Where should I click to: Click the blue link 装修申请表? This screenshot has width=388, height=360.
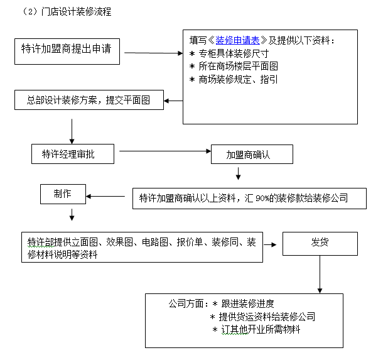pyautogui.click(x=242, y=41)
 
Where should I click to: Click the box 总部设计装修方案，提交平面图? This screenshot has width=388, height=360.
pyautogui.click(x=89, y=100)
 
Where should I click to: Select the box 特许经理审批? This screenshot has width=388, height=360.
pyautogui.click(x=73, y=154)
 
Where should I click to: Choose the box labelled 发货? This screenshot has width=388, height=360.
pyautogui.click(x=320, y=243)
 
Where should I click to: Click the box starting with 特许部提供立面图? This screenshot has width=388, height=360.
pyautogui.click(x=141, y=248)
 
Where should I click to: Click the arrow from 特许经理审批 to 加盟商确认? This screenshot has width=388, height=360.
pyautogui.click(x=163, y=151)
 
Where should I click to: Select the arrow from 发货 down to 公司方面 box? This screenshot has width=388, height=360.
pyautogui.click(x=320, y=273)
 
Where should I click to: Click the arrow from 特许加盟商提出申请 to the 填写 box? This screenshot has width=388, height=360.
pyautogui.click(x=153, y=53)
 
